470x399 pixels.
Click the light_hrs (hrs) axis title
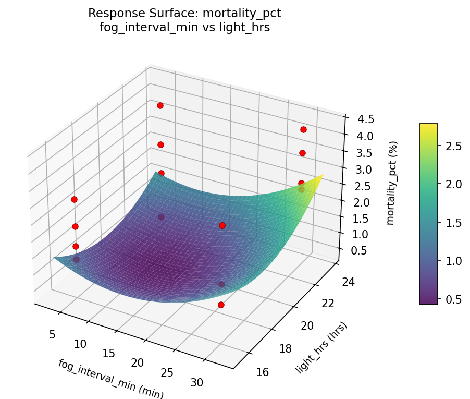click(x=321, y=348)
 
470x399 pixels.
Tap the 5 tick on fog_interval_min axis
click(x=52, y=334)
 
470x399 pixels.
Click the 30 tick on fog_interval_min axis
click(x=197, y=382)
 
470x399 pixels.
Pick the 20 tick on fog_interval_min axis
click(x=137, y=362)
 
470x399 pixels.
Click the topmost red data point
click(x=160, y=105)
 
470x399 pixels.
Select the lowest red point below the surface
click(x=221, y=305)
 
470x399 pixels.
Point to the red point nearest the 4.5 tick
click(x=303, y=129)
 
